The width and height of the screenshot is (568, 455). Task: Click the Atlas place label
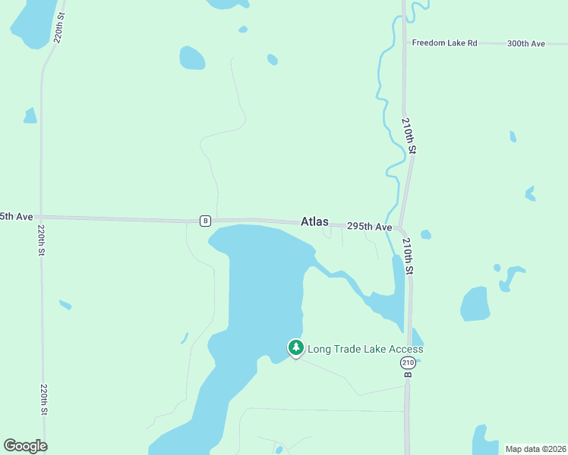(314, 222)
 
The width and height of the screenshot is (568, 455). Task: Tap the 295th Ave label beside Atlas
(369, 227)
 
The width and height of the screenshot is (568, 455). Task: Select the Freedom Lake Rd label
(444, 43)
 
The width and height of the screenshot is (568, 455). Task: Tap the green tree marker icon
(295, 348)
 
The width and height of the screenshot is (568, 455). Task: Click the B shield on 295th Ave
(205, 221)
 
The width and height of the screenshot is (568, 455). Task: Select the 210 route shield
(408, 363)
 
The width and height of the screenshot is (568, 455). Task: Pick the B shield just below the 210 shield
(408, 375)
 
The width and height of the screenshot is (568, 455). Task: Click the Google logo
(25, 446)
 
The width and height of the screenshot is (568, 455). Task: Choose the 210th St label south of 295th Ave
(409, 256)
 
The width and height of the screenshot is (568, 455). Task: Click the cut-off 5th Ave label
(16, 217)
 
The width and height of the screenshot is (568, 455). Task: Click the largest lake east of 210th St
(475, 303)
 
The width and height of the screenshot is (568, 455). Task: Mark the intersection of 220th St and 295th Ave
(41, 218)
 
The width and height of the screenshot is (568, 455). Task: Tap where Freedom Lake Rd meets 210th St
(403, 43)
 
